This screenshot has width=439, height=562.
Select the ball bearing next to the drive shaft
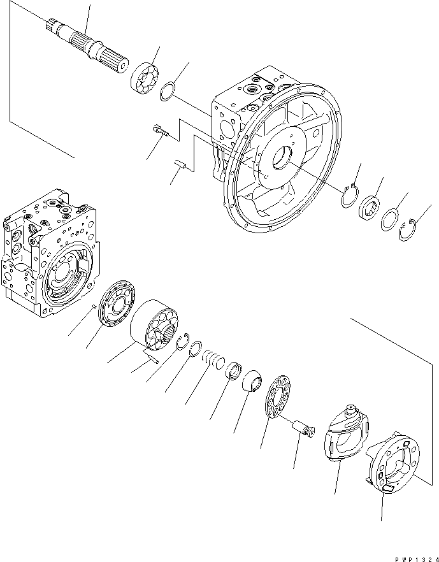pyautogui.click(x=147, y=78)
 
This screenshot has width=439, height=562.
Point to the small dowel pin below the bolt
pyautogui.click(x=180, y=166)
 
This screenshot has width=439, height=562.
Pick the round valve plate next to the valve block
pyautogui.click(x=118, y=305)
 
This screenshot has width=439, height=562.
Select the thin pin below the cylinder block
pyautogui.click(x=153, y=358)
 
